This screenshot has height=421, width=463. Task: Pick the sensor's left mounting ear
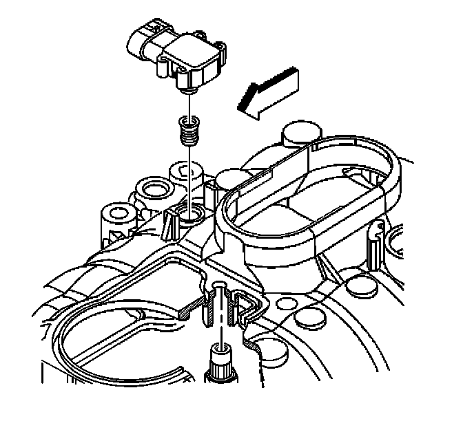(x=165, y=66)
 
